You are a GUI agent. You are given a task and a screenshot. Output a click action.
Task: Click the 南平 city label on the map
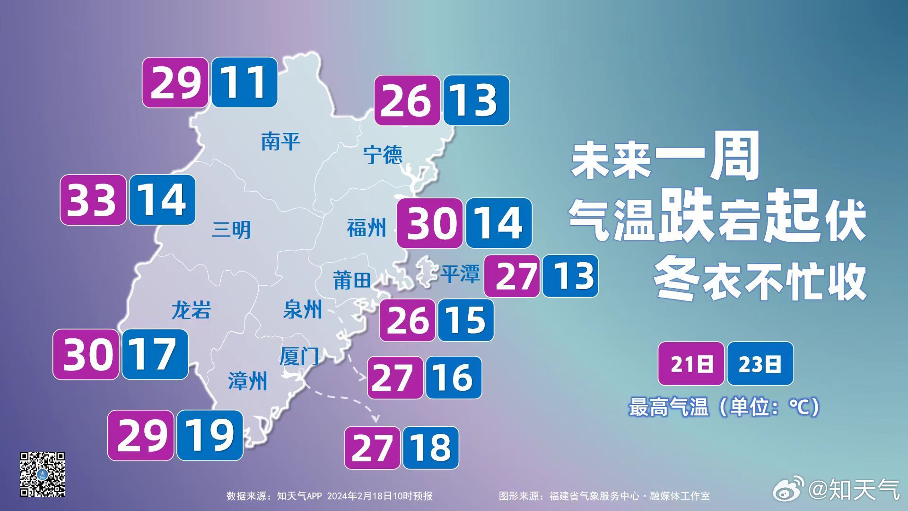click(x=280, y=141)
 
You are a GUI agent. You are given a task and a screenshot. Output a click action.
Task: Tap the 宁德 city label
click(x=383, y=154)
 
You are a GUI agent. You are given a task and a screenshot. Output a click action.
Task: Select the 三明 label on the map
click(x=231, y=230)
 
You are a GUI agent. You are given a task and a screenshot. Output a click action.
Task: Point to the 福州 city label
click(x=367, y=228)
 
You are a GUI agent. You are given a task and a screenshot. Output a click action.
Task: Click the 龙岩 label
click(x=191, y=310)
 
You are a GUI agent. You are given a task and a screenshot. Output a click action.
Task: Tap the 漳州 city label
click(x=247, y=381)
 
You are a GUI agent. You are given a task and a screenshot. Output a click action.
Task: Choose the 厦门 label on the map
click(x=299, y=356)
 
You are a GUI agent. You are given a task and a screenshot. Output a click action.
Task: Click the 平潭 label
click(x=460, y=273)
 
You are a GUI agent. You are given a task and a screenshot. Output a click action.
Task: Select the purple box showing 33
click(x=93, y=200)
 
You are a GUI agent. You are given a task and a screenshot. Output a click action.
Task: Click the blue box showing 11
click(x=244, y=82)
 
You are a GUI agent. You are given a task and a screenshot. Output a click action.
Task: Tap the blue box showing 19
click(x=210, y=435)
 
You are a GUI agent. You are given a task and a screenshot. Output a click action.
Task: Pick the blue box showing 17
click(x=155, y=354)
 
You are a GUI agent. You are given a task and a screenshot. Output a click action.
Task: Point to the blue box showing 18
click(x=430, y=448)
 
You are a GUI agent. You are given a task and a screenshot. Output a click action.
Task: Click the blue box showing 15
click(x=465, y=320)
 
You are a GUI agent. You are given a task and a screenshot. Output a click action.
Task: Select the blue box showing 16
click(x=453, y=377)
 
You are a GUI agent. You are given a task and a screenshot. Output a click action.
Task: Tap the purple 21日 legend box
click(x=691, y=363)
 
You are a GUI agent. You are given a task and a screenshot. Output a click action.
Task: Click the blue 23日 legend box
click(x=760, y=363)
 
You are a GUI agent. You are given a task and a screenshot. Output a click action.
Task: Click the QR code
click(x=42, y=474)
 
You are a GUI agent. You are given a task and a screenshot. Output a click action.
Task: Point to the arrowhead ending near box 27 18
click(x=376, y=419)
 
